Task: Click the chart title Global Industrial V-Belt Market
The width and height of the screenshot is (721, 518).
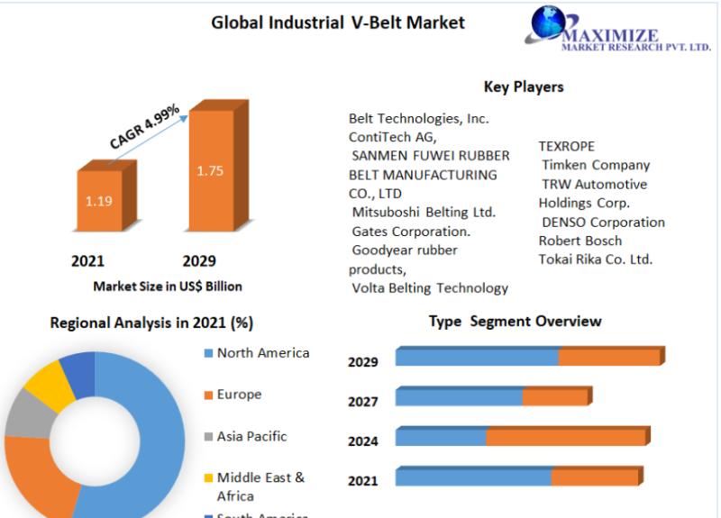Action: point(338,22)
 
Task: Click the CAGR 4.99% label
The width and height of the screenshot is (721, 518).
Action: point(144,127)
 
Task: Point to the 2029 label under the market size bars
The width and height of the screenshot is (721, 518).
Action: point(199,261)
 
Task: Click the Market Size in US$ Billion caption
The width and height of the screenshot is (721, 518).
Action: point(168,286)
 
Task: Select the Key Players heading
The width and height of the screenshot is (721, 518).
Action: point(524,87)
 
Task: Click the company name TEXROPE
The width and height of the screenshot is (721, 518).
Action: point(567,146)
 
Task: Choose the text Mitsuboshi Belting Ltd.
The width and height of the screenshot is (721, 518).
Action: point(424,212)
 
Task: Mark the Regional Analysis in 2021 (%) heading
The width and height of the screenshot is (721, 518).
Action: point(151,323)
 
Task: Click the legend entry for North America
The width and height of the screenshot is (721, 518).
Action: point(262,353)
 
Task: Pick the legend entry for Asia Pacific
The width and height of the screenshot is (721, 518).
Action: point(251,436)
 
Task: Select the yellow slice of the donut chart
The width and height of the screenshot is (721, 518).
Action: point(50,385)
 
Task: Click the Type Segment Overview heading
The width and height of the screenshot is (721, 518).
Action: point(515,322)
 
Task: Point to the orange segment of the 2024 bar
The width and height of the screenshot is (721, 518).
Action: point(566,437)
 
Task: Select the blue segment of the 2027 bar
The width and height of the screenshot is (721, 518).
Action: point(459,397)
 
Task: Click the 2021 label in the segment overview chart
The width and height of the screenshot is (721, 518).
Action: point(363,481)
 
